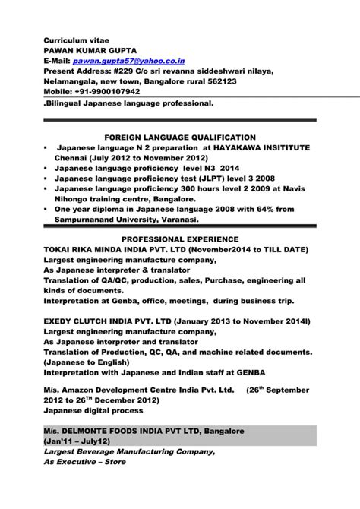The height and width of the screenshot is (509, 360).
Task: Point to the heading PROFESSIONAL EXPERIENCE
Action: tap(180, 239)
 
